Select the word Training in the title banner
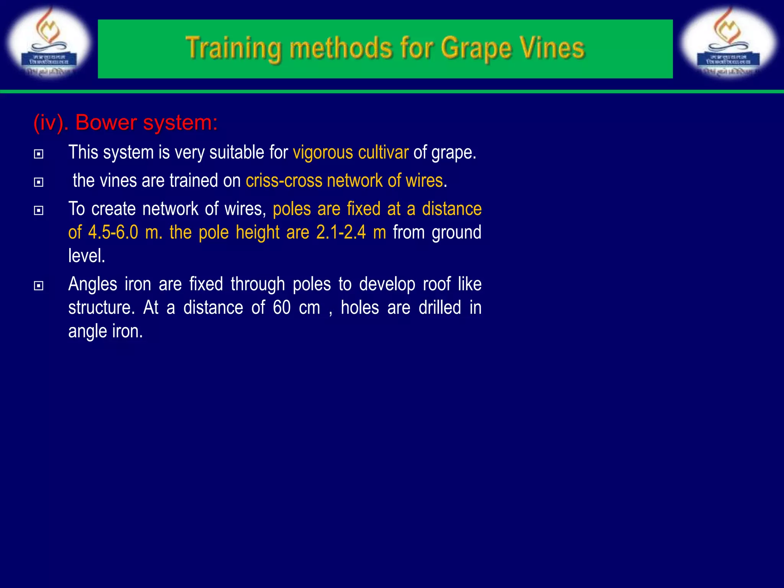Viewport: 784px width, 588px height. [x=234, y=49]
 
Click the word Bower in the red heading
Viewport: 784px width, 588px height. [x=106, y=123]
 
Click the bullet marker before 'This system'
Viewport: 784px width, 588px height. [x=39, y=154]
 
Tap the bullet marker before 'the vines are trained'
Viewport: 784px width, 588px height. [x=39, y=182]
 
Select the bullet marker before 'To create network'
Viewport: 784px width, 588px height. [x=39, y=211]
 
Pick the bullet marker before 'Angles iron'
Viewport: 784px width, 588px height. [x=39, y=286]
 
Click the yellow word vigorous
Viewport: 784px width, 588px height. [x=323, y=153]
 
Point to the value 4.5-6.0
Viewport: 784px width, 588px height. [x=113, y=232]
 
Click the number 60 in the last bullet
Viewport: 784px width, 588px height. [x=282, y=308]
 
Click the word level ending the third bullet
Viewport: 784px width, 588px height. [x=86, y=256]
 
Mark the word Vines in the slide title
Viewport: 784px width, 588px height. [x=551, y=49]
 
